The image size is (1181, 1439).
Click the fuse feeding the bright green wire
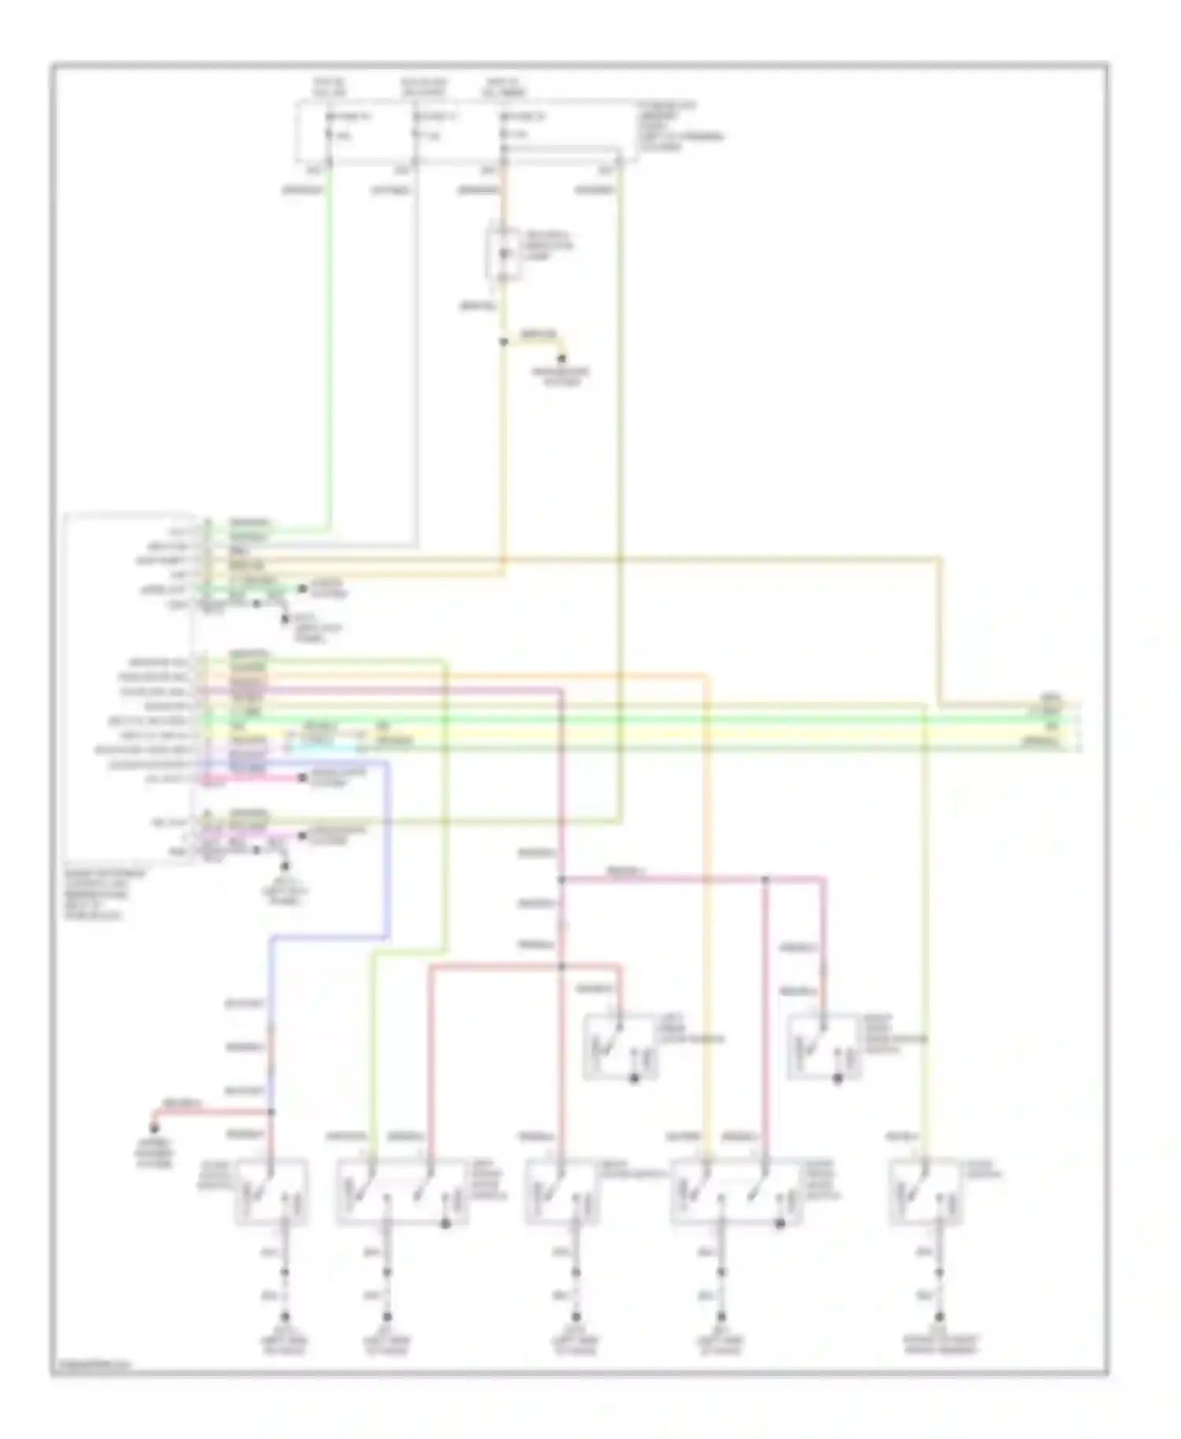click(x=329, y=126)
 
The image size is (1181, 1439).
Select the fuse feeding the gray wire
click(x=416, y=126)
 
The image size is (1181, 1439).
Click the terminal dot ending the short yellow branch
click(x=562, y=359)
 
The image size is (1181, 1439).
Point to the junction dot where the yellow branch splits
click(x=504, y=342)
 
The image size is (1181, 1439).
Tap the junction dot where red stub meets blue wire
click(x=272, y=1112)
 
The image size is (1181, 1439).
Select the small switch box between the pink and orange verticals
click(x=620, y=1045)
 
